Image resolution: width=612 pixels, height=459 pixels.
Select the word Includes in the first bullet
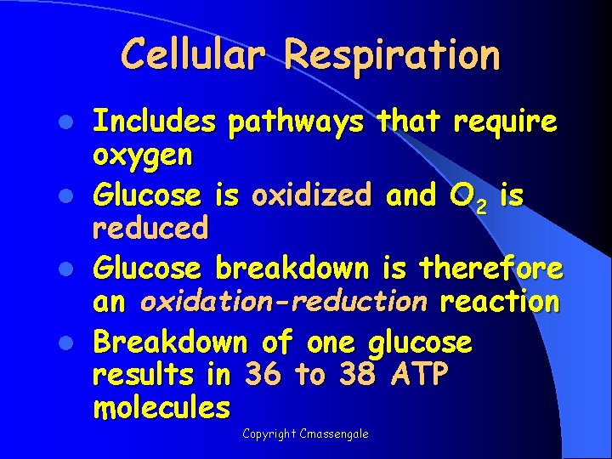tap(154, 122)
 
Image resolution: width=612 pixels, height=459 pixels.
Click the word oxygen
tap(143, 156)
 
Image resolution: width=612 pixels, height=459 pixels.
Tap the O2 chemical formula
tap(467, 198)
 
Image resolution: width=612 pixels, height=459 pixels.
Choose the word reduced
tap(150, 227)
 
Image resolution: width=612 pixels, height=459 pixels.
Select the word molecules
tap(161, 408)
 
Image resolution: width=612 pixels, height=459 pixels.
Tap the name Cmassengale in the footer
tap(338, 434)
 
